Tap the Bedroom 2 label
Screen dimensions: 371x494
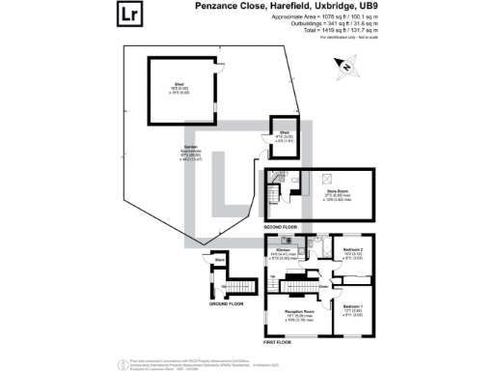tap(352, 251)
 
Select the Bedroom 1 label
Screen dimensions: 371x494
tap(352, 307)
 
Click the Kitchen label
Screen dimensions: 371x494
tap(284, 249)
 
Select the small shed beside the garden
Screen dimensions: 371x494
tap(285, 137)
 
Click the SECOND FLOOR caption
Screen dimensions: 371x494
tap(281, 227)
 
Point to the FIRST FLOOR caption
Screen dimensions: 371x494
tap(278, 341)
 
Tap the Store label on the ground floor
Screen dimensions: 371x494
tap(220, 261)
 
